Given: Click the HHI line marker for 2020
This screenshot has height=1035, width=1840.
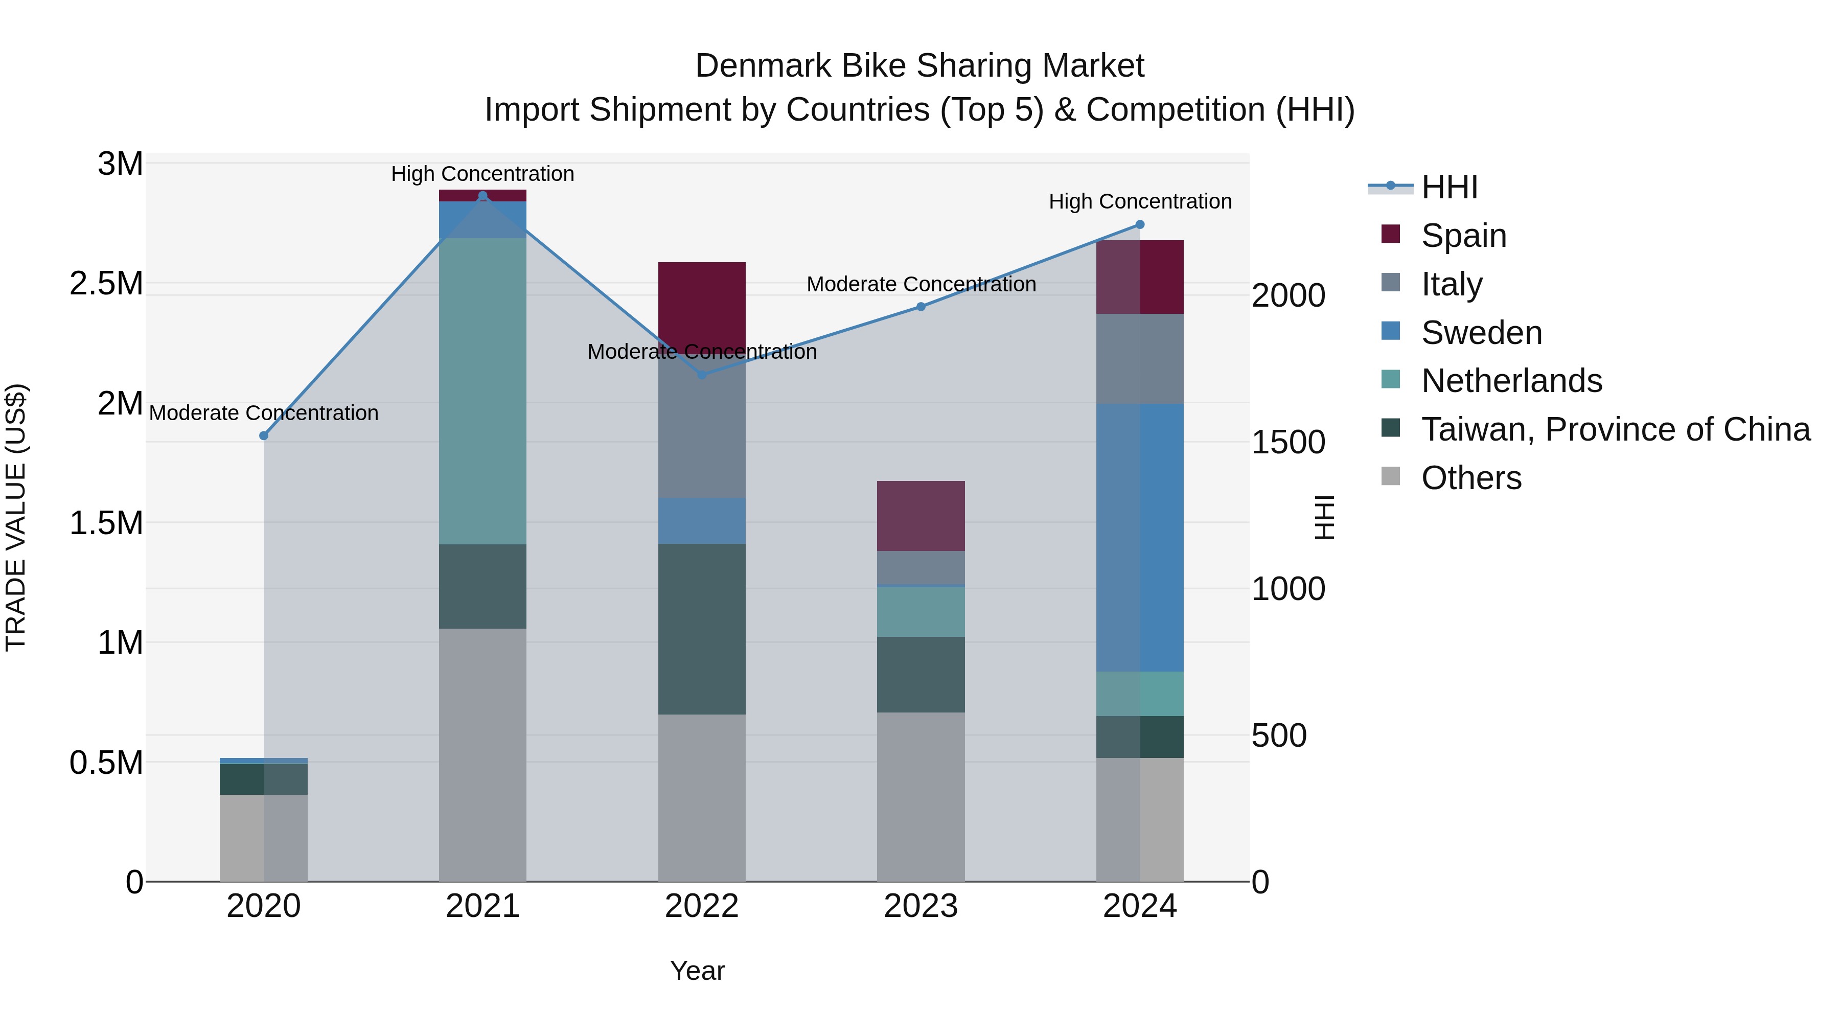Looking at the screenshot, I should tap(264, 435).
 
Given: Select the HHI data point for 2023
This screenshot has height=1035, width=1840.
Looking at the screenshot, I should tap(921, 307).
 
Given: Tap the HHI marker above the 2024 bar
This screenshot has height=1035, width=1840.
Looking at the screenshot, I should tap(1140, 224).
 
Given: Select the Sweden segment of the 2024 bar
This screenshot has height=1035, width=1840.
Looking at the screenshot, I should tap(1140, 537).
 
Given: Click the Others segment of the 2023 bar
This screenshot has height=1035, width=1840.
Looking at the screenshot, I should tap(921, 796).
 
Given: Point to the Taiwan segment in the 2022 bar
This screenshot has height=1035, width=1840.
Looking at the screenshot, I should tap(701, 629).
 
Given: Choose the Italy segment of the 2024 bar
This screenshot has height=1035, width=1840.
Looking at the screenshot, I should tap(1140, 359).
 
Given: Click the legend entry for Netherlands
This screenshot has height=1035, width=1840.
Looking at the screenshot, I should tap(1511, 381).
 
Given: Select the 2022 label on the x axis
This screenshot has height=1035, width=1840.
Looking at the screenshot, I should tap(701, 906).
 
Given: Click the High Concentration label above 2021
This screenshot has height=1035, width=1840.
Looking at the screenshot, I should tap(482, 174).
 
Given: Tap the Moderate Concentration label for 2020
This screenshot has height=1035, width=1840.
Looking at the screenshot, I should tap(264, 413).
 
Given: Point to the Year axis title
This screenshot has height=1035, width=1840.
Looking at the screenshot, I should tap(697, 971).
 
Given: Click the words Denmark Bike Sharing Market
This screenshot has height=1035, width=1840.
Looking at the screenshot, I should tap(919, 66).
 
